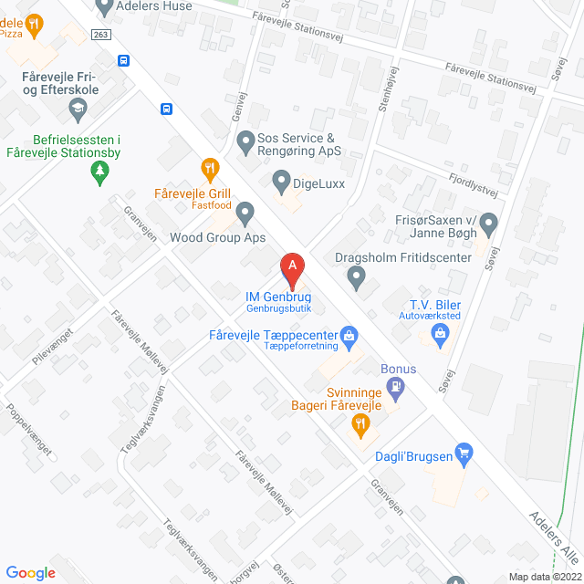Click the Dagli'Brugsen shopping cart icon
464,451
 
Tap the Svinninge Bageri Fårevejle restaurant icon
361,423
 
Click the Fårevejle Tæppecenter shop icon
348,335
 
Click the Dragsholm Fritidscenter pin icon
357,276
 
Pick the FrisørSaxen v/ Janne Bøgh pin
488,222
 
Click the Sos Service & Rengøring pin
245,142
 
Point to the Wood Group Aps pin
245,214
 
